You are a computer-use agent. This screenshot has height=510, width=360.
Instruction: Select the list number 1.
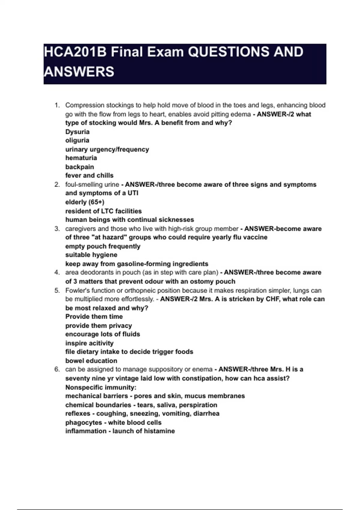(x=57, y=105)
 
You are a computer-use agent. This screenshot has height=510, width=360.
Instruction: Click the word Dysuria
(x=77, y=132)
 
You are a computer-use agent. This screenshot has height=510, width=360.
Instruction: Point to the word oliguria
(x=77, y=140)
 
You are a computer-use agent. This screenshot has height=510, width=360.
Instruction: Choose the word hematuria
(x=81, y=158)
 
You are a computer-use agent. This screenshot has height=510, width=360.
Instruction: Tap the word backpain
(x=79, y=167)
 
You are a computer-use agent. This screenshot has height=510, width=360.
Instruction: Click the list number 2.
(x=57, y=184)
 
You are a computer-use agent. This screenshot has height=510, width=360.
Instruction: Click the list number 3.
(x=57, y=229)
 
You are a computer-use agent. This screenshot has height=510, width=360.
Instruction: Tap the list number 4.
(x=57, y=272)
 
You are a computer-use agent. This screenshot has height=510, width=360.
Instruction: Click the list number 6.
(x=57, y=369)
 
